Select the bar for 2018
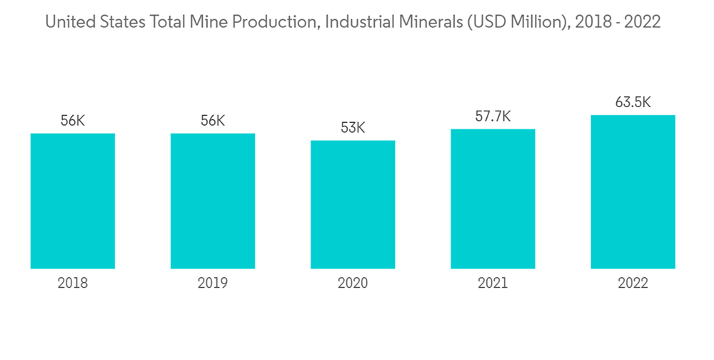[73, 201]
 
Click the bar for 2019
[213, 201]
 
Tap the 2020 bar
[353, 204]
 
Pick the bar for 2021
[493, 199]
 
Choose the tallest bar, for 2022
[633, 191]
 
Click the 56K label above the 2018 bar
[73, 121]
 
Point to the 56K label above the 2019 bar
[213, 121]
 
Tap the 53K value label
[353, 129]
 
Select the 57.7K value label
[493, 116]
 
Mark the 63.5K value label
[633, 102]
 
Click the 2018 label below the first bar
[73, 284]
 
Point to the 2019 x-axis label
[213, 284]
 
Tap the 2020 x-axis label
[353, 284]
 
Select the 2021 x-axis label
[493, 284]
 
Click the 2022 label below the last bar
[633, 284]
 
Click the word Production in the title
[276, 22]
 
